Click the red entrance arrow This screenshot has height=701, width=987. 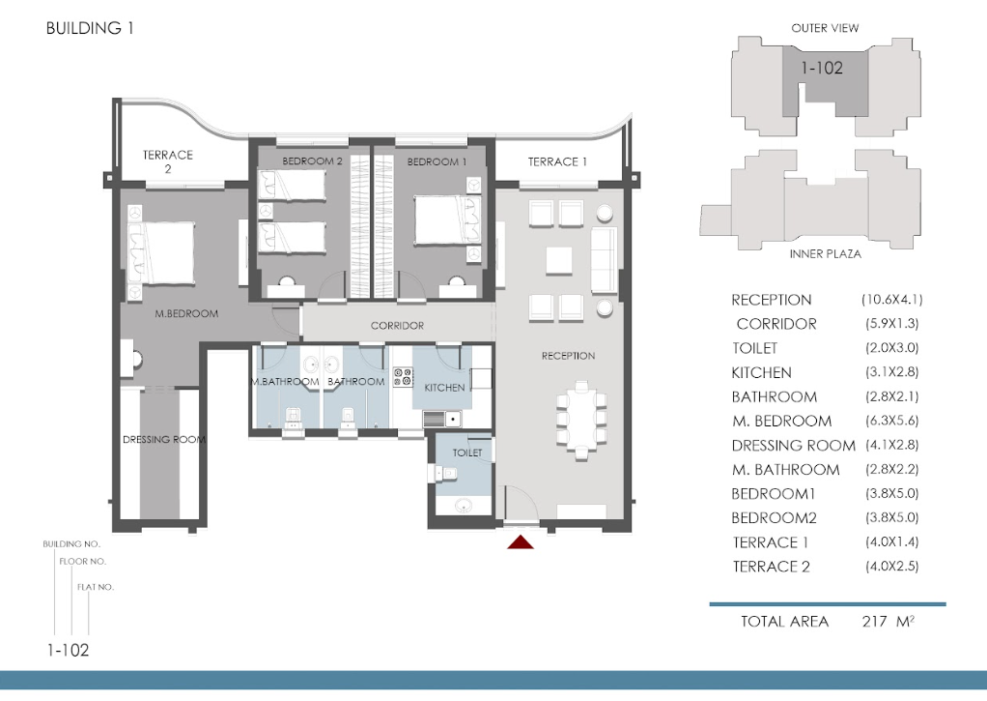point(521,541)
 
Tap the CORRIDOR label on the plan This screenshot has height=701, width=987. point(397,326)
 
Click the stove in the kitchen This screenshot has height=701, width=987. point(403,377)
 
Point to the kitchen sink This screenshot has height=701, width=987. point(442,418)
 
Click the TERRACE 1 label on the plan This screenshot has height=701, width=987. point(557,162)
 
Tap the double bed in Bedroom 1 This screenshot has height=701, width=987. point(447,220)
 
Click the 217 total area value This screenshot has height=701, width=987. point(874,622)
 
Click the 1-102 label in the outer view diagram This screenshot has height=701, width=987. point(822,68)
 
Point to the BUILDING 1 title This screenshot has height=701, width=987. point(90,28)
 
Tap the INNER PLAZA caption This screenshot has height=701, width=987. point(825,254)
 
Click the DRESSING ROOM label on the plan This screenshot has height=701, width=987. point(164,439)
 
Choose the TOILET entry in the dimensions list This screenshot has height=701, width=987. point(754,348)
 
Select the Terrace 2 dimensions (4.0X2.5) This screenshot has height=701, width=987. point(892,566)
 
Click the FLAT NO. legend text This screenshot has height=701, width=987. point(96,587)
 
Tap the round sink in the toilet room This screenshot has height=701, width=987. point(464,505)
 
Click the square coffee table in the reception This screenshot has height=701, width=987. point(558,261)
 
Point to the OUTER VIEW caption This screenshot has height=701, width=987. point(825,28)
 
